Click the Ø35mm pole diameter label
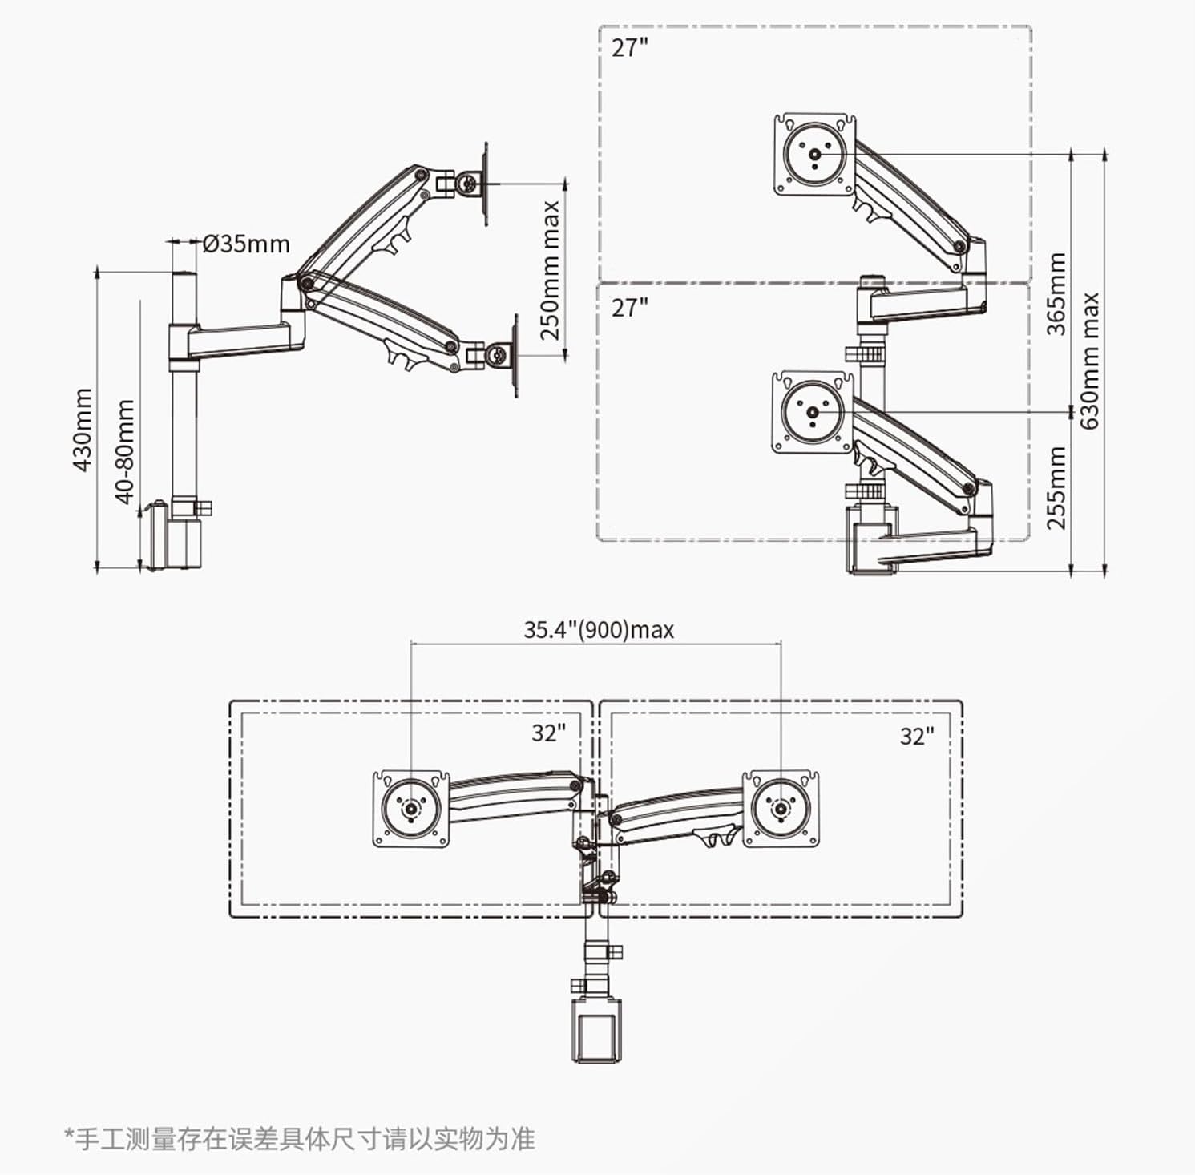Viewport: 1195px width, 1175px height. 246,243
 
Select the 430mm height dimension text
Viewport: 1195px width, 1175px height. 83,430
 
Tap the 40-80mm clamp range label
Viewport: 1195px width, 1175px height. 125,451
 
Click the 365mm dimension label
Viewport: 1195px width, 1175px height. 1057,293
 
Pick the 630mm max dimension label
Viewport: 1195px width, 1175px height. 1091,360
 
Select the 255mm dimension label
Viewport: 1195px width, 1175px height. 1057,487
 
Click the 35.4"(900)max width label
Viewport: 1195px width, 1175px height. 599,630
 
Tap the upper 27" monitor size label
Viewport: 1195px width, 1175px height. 629,48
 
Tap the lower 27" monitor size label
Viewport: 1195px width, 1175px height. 629,308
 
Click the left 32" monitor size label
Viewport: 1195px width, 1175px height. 548,733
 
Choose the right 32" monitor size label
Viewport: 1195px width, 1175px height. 917,737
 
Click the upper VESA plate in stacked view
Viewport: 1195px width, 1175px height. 815,155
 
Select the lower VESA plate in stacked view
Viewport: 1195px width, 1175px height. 813,413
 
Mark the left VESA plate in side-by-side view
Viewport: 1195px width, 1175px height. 411,809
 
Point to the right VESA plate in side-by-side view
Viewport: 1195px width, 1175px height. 780,809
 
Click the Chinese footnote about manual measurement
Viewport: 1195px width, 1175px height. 299,1138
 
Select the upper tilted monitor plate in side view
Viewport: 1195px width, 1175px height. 485,184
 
